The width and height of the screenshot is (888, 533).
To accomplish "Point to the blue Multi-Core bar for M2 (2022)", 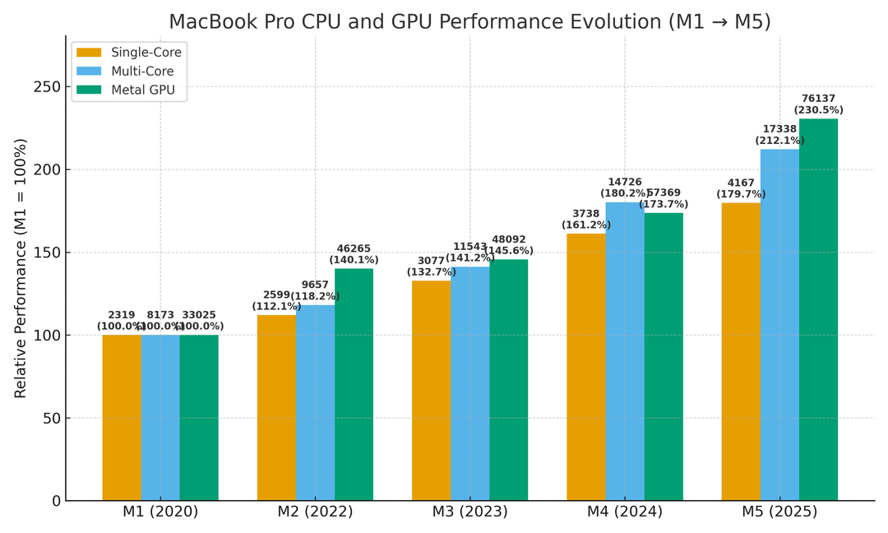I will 315,402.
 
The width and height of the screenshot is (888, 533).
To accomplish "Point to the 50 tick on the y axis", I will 49,418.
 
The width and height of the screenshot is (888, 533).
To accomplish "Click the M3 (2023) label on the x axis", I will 469,512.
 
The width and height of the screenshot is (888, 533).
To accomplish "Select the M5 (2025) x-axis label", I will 779,512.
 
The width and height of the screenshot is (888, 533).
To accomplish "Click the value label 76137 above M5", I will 818,99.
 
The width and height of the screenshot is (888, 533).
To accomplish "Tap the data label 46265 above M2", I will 354,248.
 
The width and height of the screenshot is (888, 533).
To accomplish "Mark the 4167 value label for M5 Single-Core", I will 740,183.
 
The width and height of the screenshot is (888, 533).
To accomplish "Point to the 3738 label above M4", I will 585,214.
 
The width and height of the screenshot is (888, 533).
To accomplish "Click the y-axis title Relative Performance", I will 21,267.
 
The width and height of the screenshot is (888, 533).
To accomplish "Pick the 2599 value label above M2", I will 276,295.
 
